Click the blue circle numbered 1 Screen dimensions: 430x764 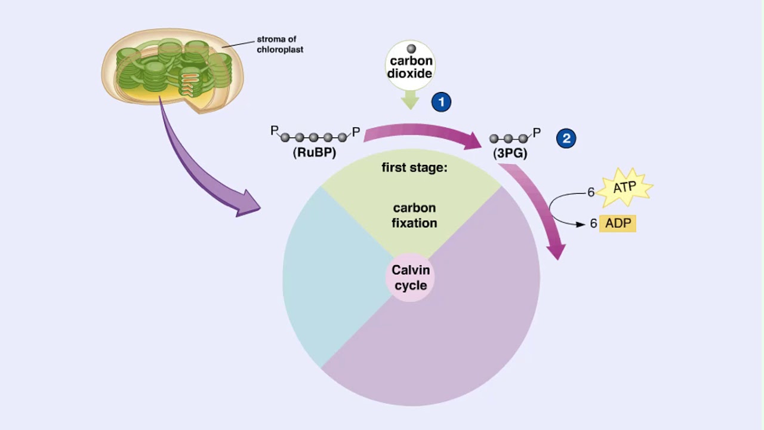[x=441, y=102]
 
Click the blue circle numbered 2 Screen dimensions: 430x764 [x=566, y=139]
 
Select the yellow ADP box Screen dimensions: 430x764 [x=618, y=223]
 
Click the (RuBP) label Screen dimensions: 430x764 [x=315, y=153]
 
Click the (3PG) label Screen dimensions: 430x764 [x=510, y=153]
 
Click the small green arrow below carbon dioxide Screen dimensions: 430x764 [x=410, y=99]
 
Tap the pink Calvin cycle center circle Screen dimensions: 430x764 [x=410, y=278]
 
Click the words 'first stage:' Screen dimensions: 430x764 [x=414, y=168]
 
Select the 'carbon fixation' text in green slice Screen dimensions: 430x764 [x=414, y=215]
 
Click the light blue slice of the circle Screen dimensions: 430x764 [x=328, y=281]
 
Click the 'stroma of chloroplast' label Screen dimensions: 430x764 [x=279, y=45]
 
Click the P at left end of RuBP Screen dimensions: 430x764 [x=274, y=130]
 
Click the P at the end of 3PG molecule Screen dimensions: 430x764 [x=537, y=133]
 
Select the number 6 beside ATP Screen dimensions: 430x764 [x=591, y=192]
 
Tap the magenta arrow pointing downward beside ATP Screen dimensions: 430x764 [x=540, y=209]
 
